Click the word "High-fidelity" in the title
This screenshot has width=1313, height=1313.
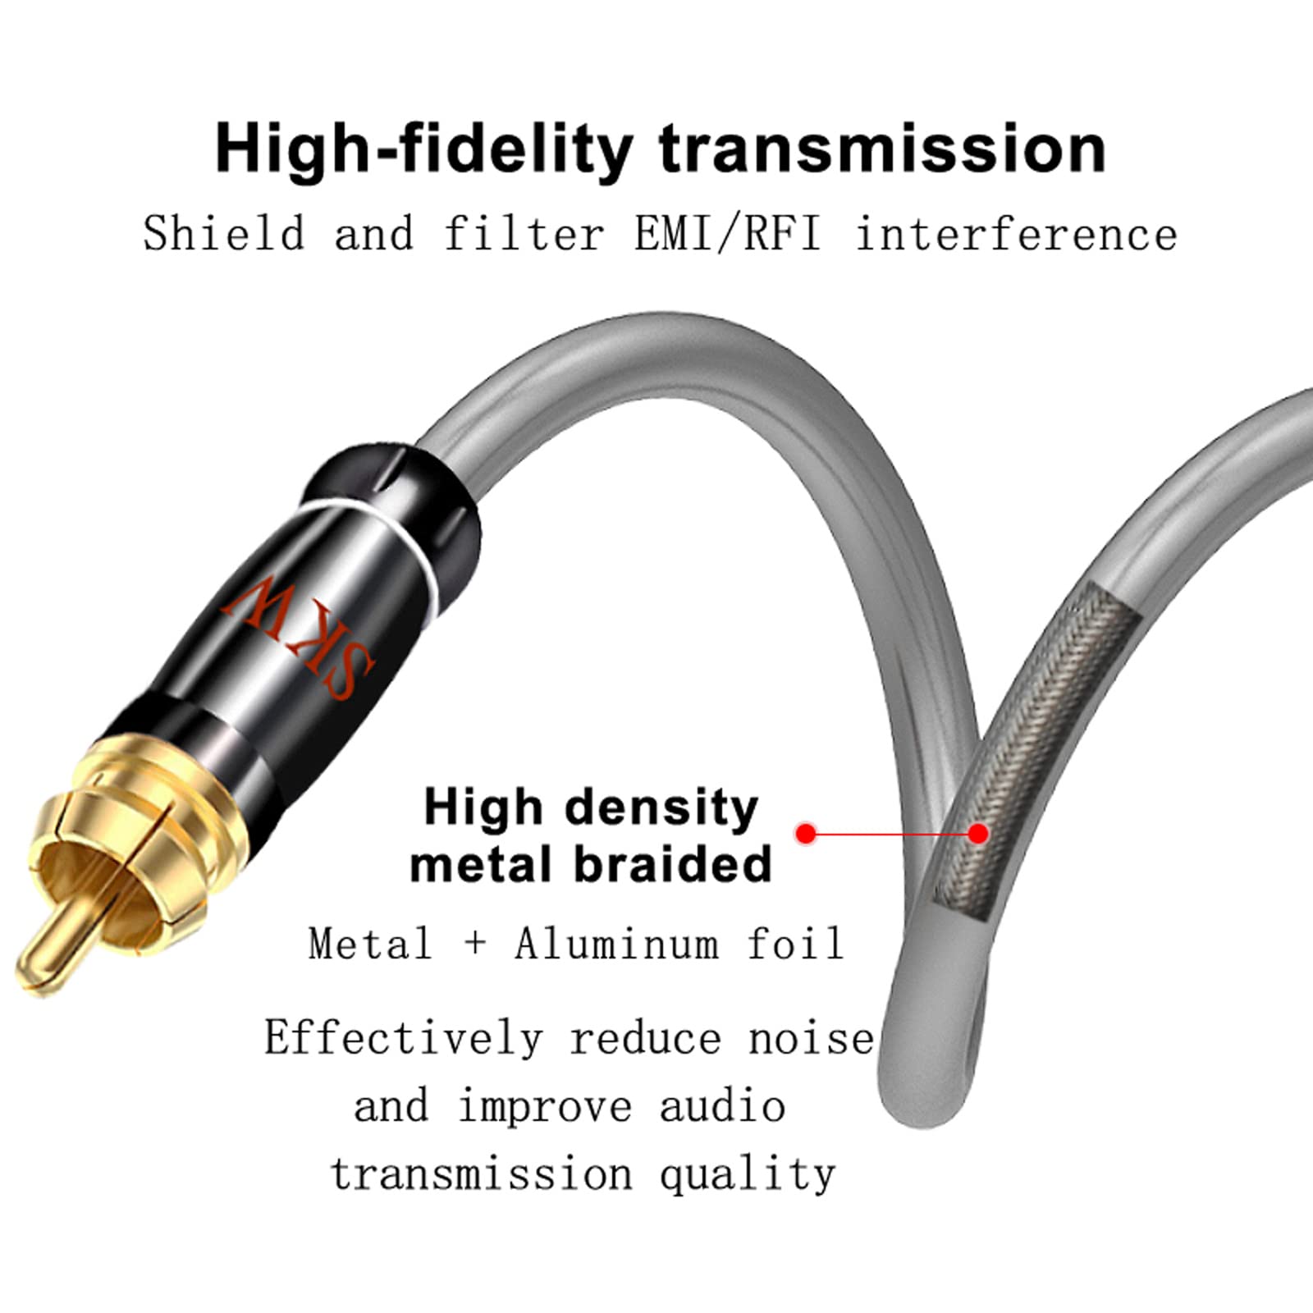[x=423, y=149]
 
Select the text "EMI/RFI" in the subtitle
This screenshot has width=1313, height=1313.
[x=727, y=233]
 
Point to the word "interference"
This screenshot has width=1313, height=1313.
[x=1017, y=233]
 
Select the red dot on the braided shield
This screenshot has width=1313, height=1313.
[x=977, y=834]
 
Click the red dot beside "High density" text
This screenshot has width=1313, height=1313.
[x=807, y=834]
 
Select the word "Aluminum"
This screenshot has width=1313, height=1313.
[x=618, y=943]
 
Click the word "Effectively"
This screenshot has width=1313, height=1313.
[x=404, y=1037]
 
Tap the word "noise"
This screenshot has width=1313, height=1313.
[x=812, y=1039]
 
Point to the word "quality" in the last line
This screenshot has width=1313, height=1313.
[x=748, y=1174]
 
